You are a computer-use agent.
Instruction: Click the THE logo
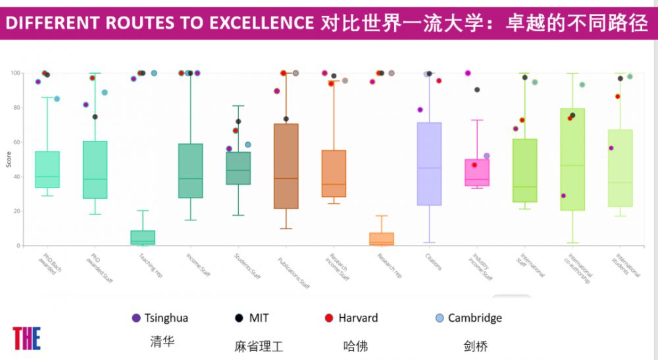tap(26, 338)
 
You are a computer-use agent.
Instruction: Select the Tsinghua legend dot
tap(136, 319)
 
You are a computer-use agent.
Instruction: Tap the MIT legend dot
tap(239, 319)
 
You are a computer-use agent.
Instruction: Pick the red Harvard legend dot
tap(329, 319)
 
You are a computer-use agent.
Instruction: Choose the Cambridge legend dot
tap(440, 319)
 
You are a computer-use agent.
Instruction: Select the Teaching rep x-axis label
tap(151, 263)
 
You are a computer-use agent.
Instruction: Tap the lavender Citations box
tap(429, 164)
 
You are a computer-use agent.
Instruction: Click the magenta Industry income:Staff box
tap(476, 172)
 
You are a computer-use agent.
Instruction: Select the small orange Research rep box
tap(382, 239)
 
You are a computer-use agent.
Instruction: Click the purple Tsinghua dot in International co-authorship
tap(563, 195)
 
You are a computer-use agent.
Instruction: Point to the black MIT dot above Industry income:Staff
tap(477, 90)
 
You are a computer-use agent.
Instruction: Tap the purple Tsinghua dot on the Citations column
tap(420, 110)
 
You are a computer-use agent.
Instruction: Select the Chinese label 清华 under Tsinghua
tap(162, 342)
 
